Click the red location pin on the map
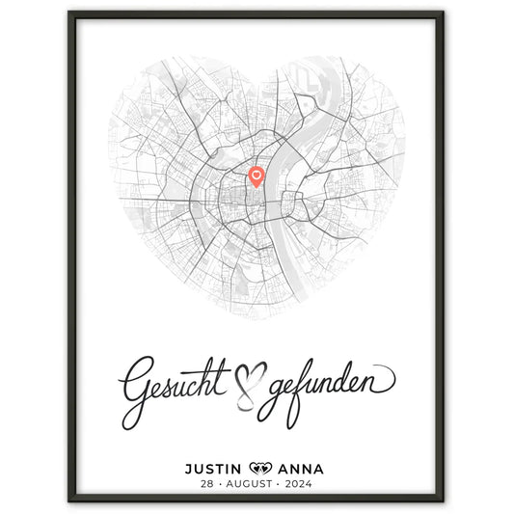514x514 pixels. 257,176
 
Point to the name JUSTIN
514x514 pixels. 215,470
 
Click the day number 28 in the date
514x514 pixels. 202,485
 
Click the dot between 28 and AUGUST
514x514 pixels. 215,485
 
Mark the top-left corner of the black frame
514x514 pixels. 70,13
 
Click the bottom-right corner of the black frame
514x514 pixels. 443,502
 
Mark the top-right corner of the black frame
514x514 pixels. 443,13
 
